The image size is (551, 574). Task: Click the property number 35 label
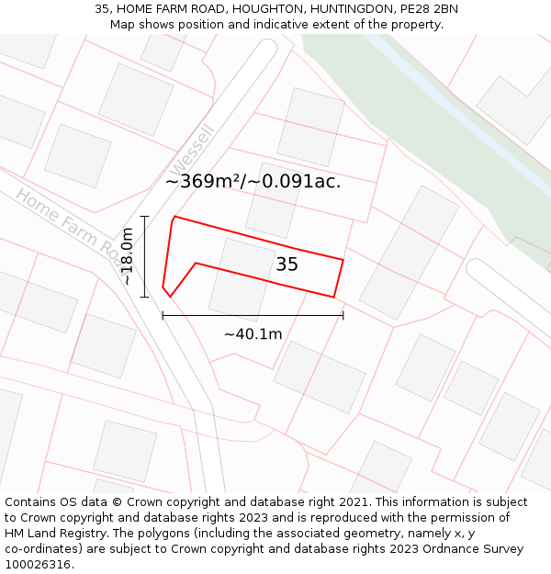[287, 264]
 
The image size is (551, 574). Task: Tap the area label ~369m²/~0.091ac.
[253, 181]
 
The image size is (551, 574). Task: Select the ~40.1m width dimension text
[253, 334]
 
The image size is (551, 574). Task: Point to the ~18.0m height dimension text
[128, 257]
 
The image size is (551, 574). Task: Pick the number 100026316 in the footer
[39, 564]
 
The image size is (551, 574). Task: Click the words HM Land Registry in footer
[50, 533]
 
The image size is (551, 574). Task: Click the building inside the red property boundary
[242, 276]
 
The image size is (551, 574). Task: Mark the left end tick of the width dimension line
[163, 315]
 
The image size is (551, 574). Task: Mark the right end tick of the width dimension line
[343, 315]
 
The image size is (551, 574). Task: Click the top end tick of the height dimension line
[144, 217]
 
